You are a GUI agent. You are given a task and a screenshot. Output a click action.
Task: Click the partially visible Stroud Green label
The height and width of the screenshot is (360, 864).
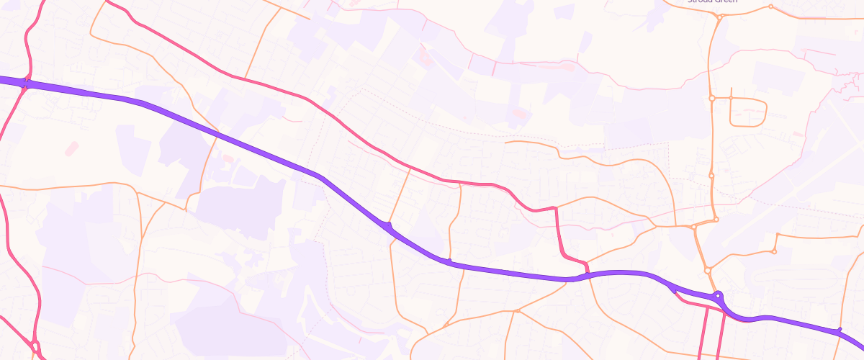pos(712,2)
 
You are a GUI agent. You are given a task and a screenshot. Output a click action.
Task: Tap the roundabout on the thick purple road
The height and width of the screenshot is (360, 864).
pos(718,296)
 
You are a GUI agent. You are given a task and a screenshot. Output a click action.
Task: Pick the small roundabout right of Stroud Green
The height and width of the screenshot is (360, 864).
pos(770,7)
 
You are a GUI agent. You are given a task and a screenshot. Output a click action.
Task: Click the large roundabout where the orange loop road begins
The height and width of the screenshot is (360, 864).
pos(711,98)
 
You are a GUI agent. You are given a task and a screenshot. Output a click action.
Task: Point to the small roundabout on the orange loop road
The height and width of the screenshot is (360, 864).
pos(730,97)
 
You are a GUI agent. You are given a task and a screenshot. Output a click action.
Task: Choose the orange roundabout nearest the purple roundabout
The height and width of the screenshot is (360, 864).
pos(708,271)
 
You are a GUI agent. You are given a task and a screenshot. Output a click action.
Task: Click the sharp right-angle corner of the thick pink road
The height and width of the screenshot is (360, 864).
pos(556,209)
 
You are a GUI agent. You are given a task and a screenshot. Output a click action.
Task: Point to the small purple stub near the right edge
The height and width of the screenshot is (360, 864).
pos(840,329)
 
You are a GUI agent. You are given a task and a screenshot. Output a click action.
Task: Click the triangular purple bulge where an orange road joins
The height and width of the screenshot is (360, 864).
pos(390,228)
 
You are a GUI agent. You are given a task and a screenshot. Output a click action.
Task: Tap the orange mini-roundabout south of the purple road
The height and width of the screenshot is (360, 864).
pos(517,311)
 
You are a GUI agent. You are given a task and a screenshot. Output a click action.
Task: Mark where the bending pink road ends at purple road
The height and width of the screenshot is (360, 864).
pos(587,272)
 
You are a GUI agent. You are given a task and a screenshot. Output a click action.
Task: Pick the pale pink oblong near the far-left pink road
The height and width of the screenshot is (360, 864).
pos(72,149)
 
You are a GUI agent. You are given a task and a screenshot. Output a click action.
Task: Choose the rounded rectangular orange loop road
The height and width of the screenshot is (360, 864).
pos(749,112)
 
